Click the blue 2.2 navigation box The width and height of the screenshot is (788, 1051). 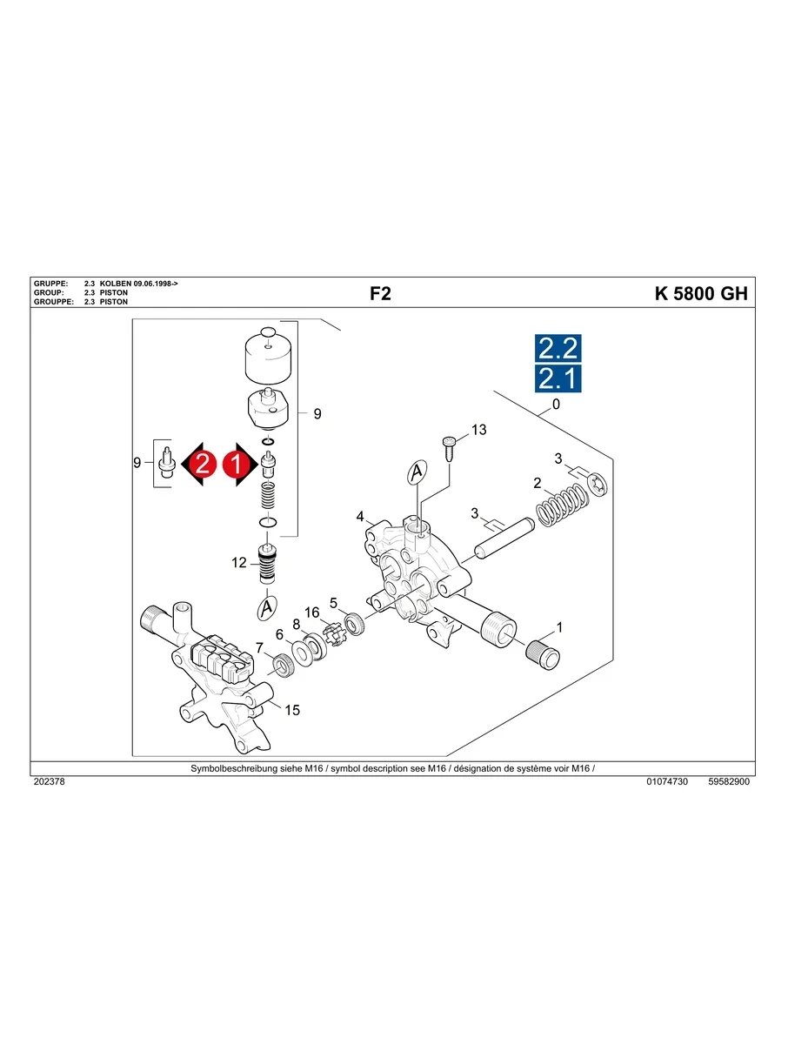click(x=557, y=349)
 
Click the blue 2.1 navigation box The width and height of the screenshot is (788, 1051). click(x=557, y=378)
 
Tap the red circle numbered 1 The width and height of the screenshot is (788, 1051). click(x=234, y=464)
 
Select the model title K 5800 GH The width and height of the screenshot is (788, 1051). click(x=700, y=293)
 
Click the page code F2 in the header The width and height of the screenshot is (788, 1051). click(x=380, y=293)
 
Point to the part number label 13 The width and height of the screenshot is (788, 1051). click(x=478, y=430)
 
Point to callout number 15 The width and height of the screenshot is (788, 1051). click(x=292, y=710)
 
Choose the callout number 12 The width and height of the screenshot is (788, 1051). click(x=239, y=563)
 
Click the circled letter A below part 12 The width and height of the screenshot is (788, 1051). click(x=267, y=609)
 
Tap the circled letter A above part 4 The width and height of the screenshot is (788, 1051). click(x=417, y=472)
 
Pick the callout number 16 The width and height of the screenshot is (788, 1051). click(x=311, y=612)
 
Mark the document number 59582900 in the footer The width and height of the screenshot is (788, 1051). click(x=729, y=782)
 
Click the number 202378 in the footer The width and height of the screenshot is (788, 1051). click(x=49, y=782)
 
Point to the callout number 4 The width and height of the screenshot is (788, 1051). click(x=360, y=517)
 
